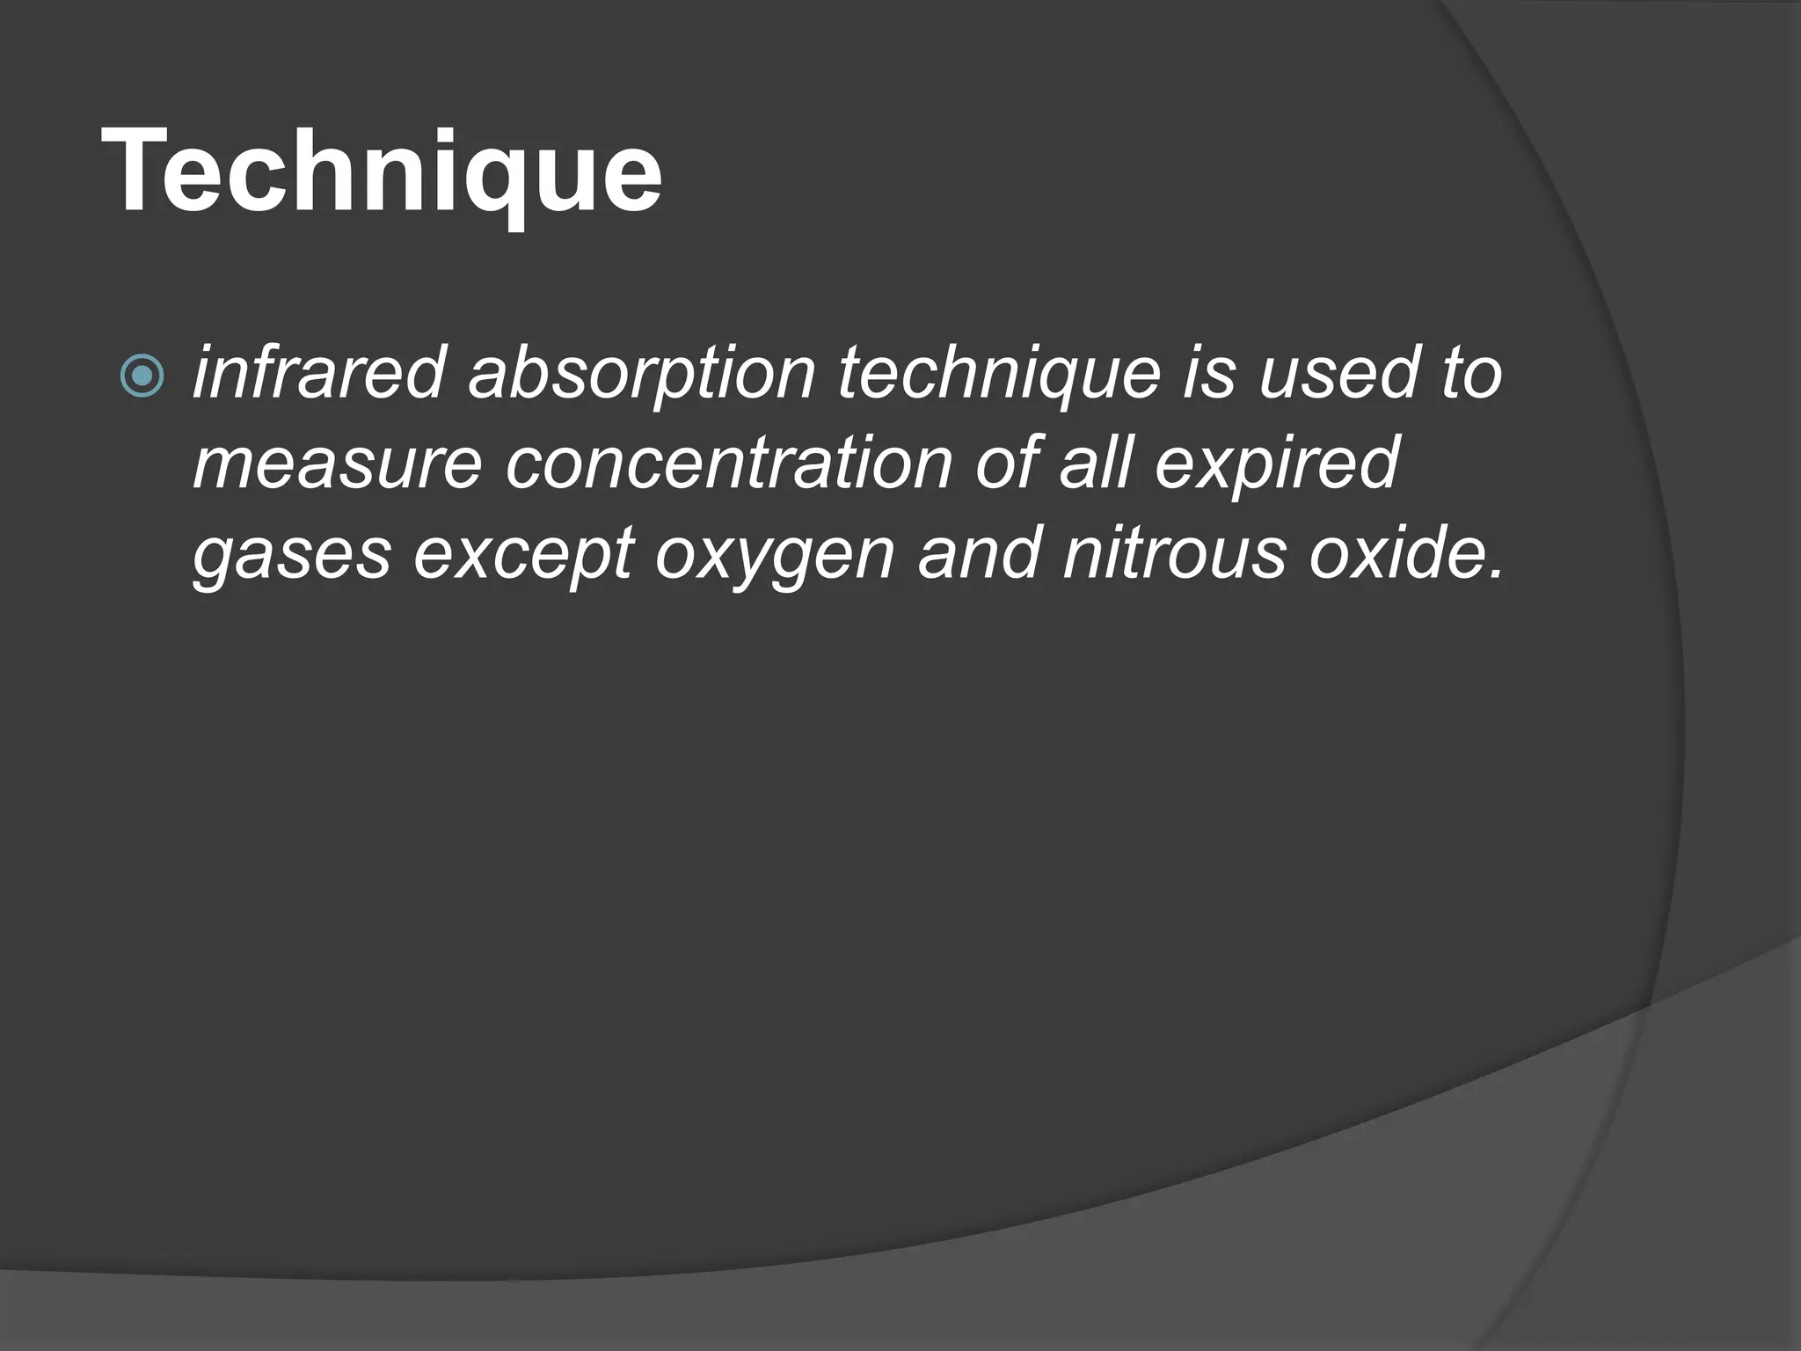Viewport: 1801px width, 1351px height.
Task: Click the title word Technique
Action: coord(382,172)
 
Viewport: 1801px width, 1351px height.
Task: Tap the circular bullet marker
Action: coord(142,376)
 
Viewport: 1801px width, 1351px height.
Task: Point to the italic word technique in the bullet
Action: coord(998,373)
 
